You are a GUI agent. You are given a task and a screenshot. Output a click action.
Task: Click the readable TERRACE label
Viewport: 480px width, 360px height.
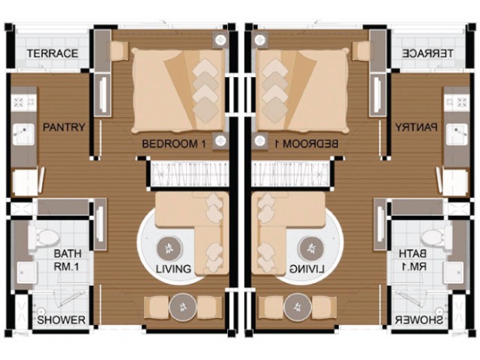click(52, 53)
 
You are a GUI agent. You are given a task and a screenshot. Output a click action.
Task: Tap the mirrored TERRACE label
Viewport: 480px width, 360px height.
click(427, 53)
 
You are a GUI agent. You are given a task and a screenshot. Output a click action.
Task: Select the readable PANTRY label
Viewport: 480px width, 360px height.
click(64, 127)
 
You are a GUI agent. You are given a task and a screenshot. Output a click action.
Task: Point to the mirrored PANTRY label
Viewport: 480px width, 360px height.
click(416, 127)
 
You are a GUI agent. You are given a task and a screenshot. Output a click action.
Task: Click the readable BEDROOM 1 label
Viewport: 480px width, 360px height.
click(175, 143)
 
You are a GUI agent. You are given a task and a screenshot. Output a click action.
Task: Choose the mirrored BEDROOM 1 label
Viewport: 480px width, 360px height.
click(305, 143)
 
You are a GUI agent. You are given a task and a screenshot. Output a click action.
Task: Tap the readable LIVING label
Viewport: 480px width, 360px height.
click(173, 269)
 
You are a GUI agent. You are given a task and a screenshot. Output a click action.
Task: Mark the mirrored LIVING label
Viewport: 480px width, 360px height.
click(307, 269)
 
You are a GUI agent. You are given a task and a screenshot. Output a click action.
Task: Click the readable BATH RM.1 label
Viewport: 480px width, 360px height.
click(67, 260)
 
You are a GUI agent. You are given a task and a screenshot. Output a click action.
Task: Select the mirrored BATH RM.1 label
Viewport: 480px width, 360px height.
click(412, 260)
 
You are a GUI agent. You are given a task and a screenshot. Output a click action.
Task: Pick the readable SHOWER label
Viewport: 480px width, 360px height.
click(61, 320)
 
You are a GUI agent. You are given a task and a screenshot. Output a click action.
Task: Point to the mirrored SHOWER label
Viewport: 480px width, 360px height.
click(418, 320)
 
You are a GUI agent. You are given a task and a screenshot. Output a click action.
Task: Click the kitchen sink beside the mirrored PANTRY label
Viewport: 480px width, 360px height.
click(457, 134)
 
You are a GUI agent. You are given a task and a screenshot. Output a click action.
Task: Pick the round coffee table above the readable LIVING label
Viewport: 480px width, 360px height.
click(169, 248)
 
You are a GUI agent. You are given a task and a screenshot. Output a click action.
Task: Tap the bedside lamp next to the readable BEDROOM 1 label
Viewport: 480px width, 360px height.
click(220, 141)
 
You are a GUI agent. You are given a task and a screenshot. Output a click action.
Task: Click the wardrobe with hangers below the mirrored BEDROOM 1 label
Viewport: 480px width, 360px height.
click(290, 174)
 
